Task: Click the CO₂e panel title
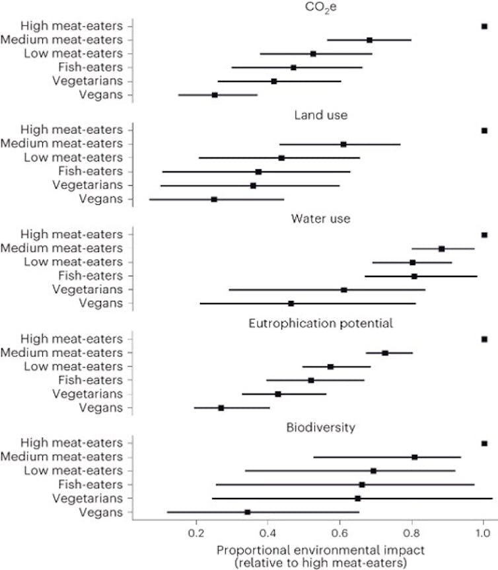pos(308,9)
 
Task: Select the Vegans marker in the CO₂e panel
pos(215,95)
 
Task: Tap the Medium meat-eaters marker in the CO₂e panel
pos(369,40)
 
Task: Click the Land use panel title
pos(308,115)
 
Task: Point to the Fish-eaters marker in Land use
pos(258,172)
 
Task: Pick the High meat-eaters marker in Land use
pos(484,131)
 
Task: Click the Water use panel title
pos(308,219)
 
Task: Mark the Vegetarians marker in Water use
pos(343,290)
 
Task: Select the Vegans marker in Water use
pos(291,304)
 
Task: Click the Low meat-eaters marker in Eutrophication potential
pos(330,366)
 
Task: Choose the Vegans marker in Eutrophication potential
pos(221,408)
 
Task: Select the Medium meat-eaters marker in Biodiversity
pos(414,457)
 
